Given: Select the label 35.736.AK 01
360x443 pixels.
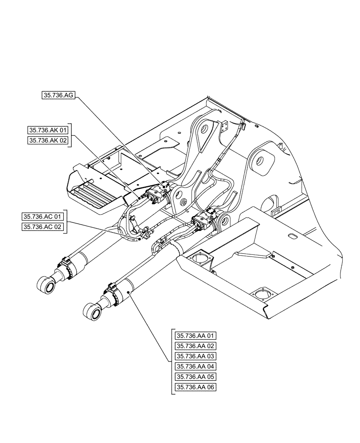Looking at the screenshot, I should pyautogui.click(x=48, y=130).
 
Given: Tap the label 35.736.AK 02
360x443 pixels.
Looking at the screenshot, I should pyautogui.click(x=48, y=140).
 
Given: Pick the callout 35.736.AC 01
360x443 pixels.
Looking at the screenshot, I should pyautogui.click(x=43, y=217).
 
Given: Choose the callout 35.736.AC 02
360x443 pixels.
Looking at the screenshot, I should pyautogui.click(x=43, y=227).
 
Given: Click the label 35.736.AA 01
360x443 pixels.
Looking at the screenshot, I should pyautogui.click(x=196, y=335).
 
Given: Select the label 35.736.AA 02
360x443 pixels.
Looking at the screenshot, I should pyautogui.click(x=196, y=346).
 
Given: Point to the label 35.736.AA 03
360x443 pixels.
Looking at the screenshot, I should pyautogui.click(x=196, y=356).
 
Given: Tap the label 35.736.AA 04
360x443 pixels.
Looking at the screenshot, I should pyautogui.click(x=196, y=366).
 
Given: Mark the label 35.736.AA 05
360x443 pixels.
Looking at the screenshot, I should pyautogui.click(x=196, y=376).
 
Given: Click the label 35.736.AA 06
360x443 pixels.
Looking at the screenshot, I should pyautogui.click(x=196, y=387).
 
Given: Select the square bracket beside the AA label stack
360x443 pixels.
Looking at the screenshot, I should pyautogui.click(x=172, y=361).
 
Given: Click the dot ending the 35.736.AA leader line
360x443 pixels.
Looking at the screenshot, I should pyautogui.click(x=129, y=292).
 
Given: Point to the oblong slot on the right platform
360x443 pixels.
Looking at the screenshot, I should pyautogui.click(x=293, y=237).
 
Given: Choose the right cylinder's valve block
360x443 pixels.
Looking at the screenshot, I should pyautogui.click(x=204, y=220).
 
